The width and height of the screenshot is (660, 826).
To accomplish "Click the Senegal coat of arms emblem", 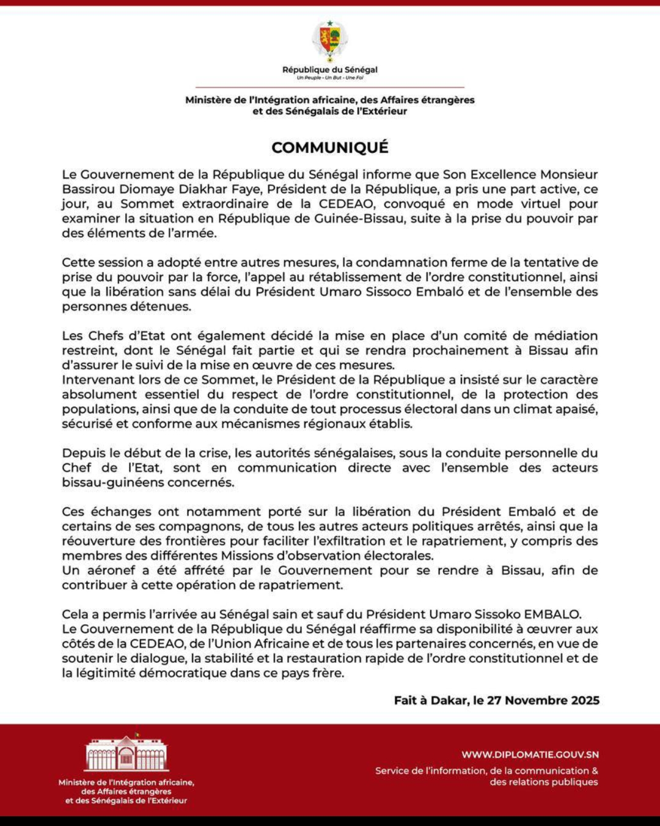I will coord(330,40).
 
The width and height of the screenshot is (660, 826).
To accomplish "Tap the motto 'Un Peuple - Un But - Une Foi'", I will coord(330,78).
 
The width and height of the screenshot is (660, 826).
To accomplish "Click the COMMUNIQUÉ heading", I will coord(330,147).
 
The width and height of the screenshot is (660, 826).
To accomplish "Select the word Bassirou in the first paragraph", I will coord(89,190).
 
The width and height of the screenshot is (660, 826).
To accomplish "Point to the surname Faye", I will coord(247,190).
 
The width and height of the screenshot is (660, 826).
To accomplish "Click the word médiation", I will coord(566,336).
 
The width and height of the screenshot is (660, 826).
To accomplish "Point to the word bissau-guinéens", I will coord(104,483).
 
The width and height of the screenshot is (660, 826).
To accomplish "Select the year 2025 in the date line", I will coord(585,701).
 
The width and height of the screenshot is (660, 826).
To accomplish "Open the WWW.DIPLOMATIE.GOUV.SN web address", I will coord(530,755).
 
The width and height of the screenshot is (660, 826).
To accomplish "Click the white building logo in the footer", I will coord(127,754).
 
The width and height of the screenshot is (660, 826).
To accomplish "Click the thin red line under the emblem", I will coord(330,87).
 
